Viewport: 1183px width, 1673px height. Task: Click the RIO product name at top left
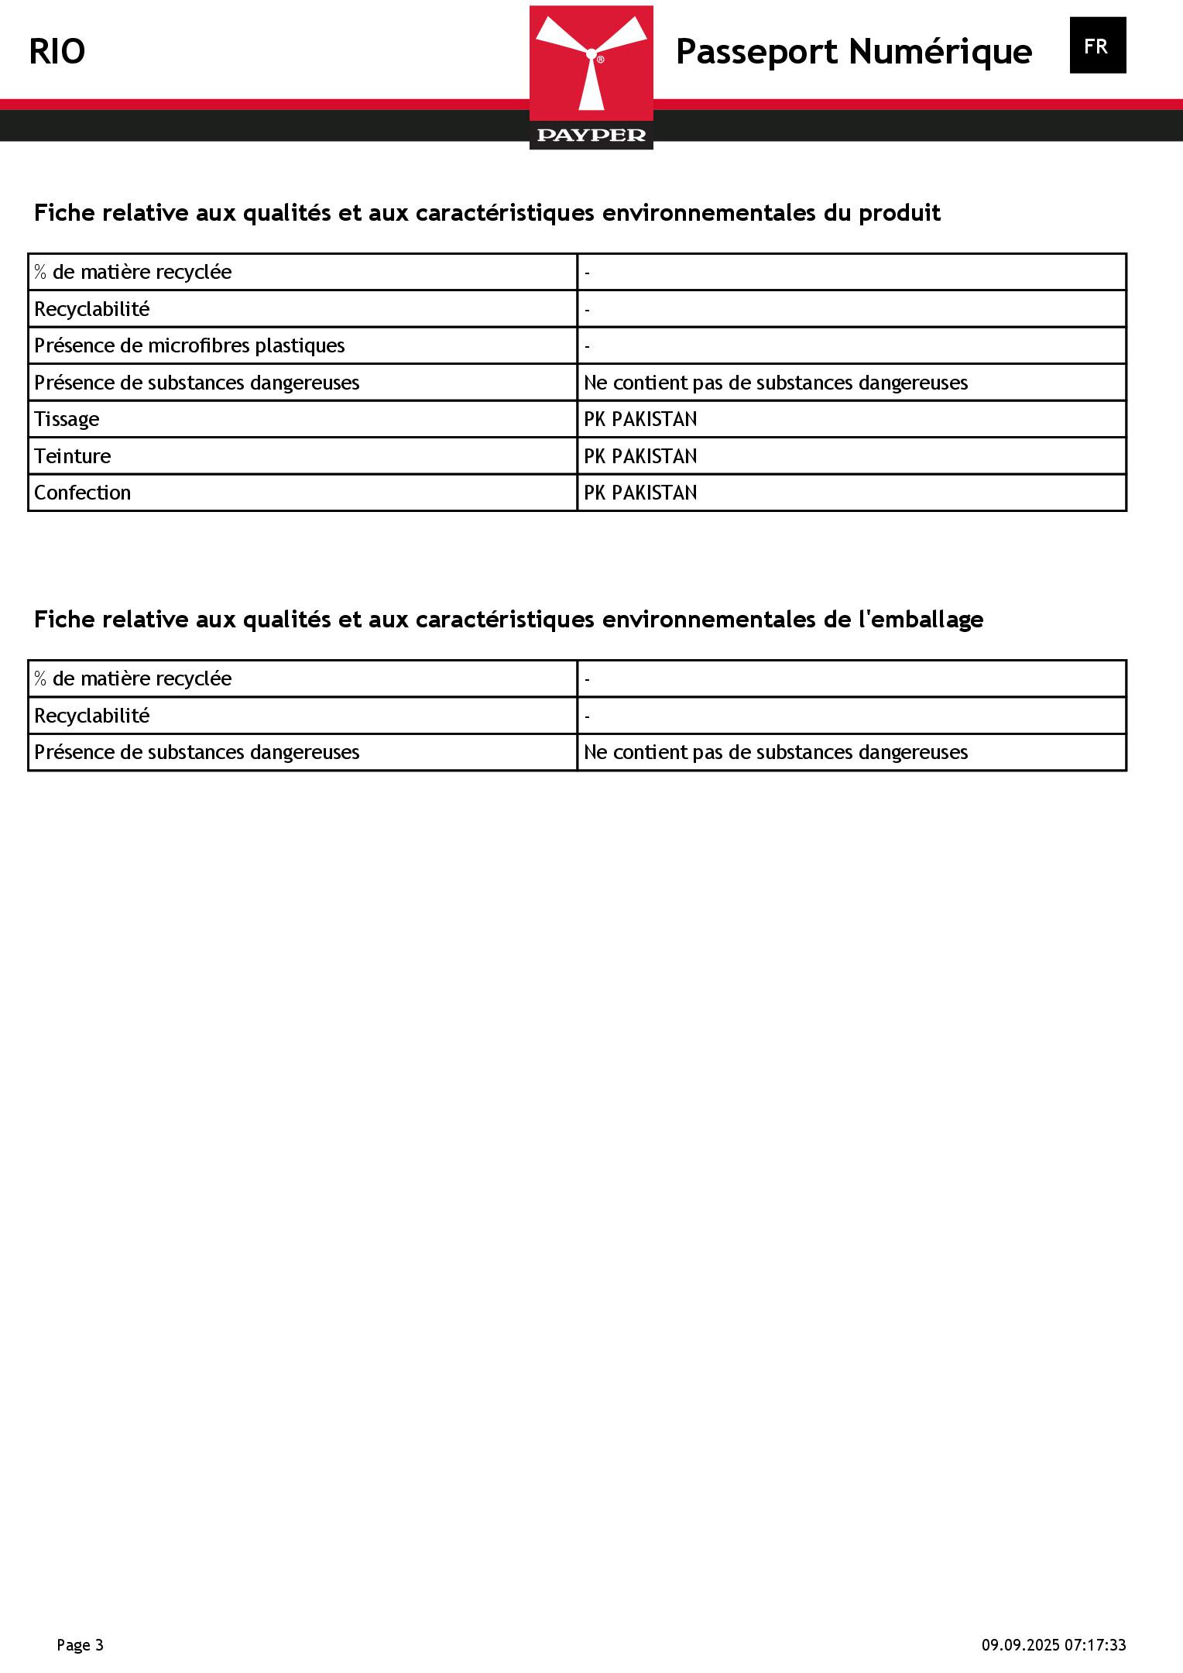tap(57, 52)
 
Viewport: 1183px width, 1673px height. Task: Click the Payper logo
tap(591, 77)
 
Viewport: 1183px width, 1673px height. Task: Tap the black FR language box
tap(1097, 46)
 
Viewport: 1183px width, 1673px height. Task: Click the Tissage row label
tap(67, 419)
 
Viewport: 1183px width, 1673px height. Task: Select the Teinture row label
tap(72, 456)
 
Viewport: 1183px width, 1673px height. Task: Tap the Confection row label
tap(82, 493)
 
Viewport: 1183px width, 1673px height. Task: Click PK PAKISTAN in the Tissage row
tap(640, 419)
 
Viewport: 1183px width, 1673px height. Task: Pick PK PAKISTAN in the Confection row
tap(640, 493)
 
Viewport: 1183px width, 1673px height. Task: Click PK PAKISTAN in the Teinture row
tap(640, 456)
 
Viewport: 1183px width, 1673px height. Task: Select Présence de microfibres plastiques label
tap(190, 345)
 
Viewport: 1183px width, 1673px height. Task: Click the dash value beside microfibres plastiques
tap(588, 346)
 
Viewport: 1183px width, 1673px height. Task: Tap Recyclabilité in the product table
tap(91, 309)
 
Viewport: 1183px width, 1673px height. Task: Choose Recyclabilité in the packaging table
tap(91, 716)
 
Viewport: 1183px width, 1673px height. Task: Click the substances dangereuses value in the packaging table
tap(775, 752)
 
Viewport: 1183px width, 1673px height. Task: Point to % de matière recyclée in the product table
tap(132, 272)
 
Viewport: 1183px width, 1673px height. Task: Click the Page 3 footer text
tap(80, 1645)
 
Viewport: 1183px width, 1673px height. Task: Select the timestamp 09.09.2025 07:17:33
tap(1054, 1645)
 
